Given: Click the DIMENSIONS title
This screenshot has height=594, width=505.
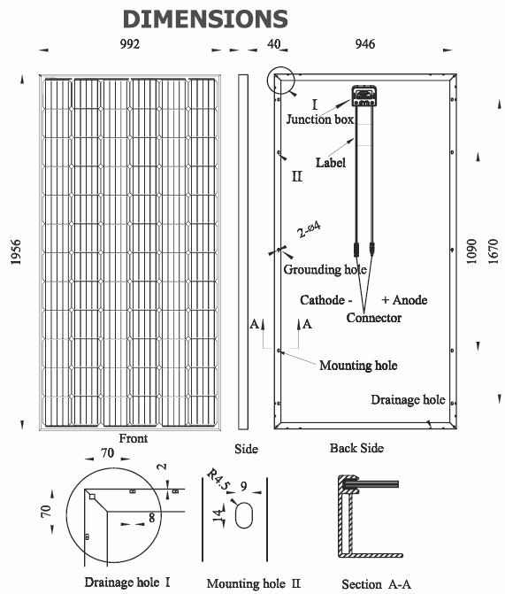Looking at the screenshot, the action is [x=205, y=19].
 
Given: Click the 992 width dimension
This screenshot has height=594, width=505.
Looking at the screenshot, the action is [x=130, y=44].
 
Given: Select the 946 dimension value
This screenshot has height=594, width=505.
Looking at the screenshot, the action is [x=365, y=44].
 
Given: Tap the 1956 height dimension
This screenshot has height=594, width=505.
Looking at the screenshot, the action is [x=16, y=252].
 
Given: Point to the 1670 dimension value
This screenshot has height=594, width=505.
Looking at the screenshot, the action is [x=493, y=251].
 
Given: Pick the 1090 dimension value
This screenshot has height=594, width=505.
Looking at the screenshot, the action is [x=471, y=251].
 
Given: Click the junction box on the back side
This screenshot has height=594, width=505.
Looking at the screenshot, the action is [x=364, y=96].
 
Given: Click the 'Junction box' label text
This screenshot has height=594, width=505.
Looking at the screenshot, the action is [x=320, y=120].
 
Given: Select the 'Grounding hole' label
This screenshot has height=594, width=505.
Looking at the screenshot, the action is [x=325, y=269].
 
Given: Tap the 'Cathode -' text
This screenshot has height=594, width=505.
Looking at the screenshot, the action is [x=326, y=300].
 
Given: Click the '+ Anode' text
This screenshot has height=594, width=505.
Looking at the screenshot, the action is [x=404, y=300].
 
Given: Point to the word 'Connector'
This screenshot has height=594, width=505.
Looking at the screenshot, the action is [x=373, y=318].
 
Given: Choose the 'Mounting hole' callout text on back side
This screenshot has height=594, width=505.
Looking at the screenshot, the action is [x=358, y=366].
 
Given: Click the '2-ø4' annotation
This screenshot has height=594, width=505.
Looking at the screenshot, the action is [x=309, y=229].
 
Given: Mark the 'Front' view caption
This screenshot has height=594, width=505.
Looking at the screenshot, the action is [x=134, y=438].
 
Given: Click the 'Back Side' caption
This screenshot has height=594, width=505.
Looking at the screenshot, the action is [x=356, y=448].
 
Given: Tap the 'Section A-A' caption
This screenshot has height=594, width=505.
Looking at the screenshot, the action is [x=376, y=583].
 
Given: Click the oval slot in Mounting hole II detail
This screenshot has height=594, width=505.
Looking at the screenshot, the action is [x=243, y=514].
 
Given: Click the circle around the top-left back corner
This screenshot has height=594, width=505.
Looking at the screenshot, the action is [x=267, y=81].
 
